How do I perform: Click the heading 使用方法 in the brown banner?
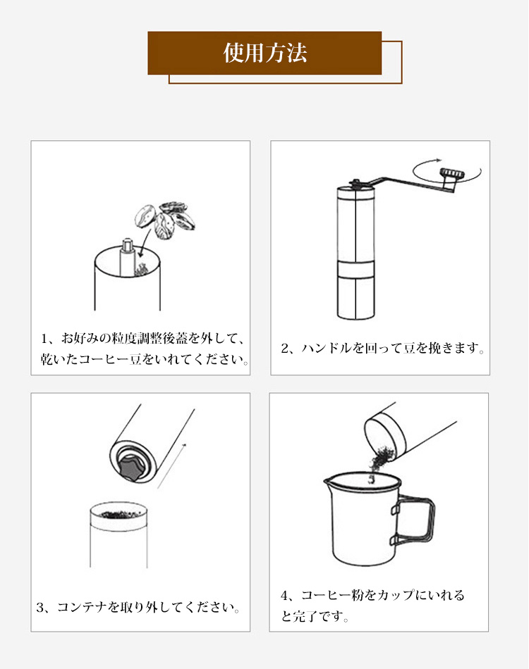pos(265,53)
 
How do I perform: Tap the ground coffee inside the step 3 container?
pos(118,514)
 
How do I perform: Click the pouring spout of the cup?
pos(328,482)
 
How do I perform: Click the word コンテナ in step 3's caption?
pos(82,607)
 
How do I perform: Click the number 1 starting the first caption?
pos(44,339)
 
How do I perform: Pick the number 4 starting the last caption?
pos(284,595)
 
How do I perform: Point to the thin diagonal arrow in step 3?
pos(172,465)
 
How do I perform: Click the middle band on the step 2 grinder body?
pos(356,269)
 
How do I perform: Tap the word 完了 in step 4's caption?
pos(304,615)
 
